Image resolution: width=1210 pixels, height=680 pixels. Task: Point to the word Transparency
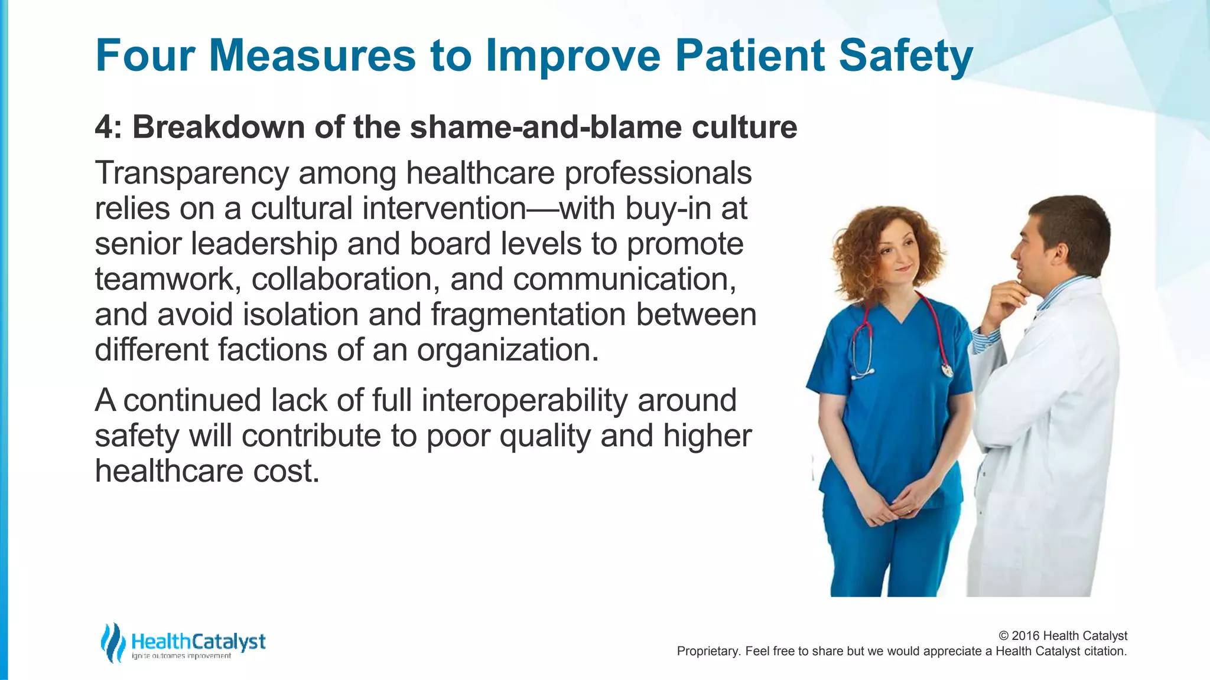(x=191, y=174)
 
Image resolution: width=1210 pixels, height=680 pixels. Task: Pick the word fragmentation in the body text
(x=528, y=315)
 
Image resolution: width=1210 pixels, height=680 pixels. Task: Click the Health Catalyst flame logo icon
(x=112, y=642)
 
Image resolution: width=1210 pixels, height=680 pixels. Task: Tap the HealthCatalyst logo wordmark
(x=198, y=641)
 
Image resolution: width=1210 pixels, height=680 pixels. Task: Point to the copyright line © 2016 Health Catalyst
(x=1062, y=636)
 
